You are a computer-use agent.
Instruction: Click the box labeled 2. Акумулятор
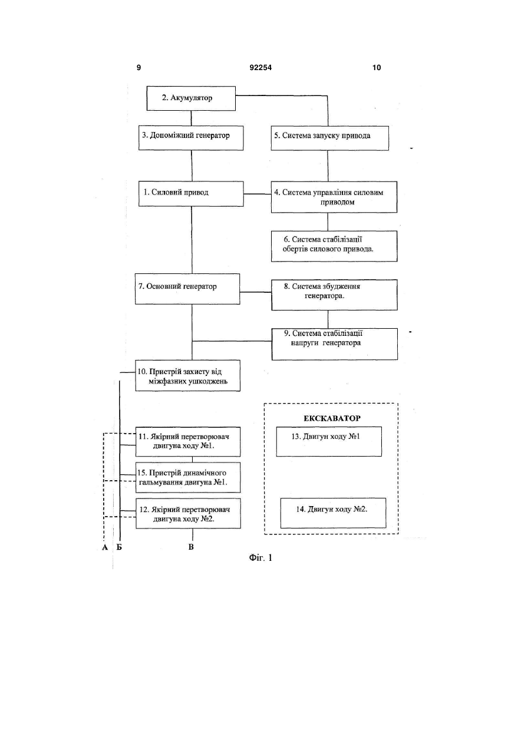(x=191, y=98)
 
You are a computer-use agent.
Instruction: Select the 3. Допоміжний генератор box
(x=191, y=138)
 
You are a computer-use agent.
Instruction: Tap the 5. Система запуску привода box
(x=329, y=138)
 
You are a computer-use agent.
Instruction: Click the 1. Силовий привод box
(x=191, y=194)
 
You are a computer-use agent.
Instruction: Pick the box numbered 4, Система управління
(x=334, y=197)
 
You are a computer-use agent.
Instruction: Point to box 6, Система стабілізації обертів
(x=334, y=246)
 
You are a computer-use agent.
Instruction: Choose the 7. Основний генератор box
(x=187, y=289)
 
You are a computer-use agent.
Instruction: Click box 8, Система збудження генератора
(x=334, y=295)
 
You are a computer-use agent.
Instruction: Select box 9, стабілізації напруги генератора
(x=335, y=344)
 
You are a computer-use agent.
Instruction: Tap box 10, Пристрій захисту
(x=187, y=376)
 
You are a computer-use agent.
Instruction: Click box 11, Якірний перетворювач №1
(x=188, y=442)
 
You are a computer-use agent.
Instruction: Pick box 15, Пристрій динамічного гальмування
(x=188, y=477)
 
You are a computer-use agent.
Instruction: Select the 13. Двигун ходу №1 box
(x=329, y=441)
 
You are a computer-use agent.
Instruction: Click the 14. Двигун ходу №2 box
(x=333, y=513)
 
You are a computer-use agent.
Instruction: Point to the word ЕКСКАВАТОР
(x=332, y=418)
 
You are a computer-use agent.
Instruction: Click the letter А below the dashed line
(x=105, y=547)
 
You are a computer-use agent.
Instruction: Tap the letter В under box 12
(x=191, y=547)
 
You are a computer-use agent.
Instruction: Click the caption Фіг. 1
(x=260, y=558)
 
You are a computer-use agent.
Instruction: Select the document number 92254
(x=260, y=68)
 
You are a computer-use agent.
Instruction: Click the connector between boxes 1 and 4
(x=258, y=194)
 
